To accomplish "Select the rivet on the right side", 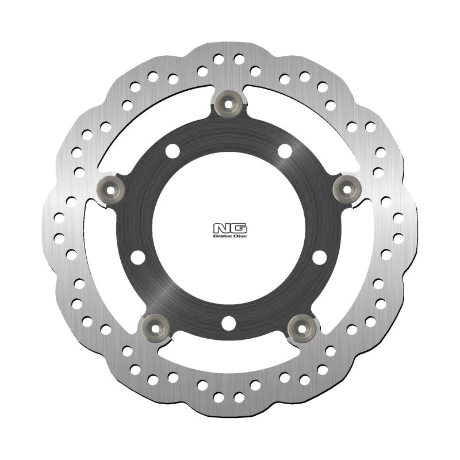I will point(348,188).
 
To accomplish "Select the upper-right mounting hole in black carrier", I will point(285,151).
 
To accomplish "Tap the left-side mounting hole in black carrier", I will point(138,257).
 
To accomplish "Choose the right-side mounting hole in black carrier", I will point(319,257).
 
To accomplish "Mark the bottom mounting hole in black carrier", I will point(228,323).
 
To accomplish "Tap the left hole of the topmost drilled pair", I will point(218,59).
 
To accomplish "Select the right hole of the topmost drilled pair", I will point(239,59).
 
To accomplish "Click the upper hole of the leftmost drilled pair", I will point(59,218).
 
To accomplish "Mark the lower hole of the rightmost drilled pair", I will point(398,237).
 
